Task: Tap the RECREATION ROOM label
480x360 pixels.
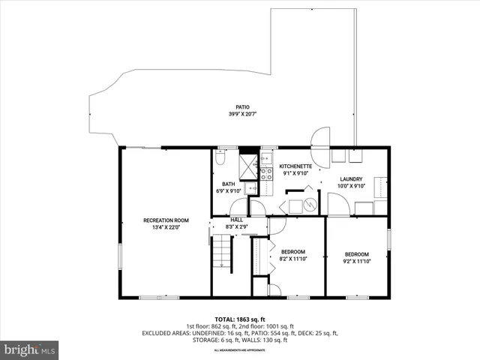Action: click(166, 220)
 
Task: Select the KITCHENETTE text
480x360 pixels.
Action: click(295, 166)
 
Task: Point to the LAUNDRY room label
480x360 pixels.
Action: click(351, 179)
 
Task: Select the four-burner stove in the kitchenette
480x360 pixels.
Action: click(266, 173)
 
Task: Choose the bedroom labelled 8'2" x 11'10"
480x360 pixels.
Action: click(293, 255)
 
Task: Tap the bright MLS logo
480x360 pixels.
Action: click(30, 349)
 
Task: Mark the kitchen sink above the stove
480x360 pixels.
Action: click(266, 159)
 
